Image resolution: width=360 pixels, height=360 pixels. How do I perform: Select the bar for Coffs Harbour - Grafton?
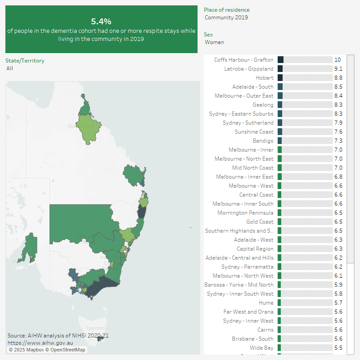(x=281, y=60)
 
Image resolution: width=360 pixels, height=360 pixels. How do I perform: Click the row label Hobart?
(x=264, y=78)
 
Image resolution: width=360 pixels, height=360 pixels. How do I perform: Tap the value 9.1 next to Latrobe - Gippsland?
(x=338, y=69)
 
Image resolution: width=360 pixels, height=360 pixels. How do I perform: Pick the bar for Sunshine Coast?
(x=280, y=132)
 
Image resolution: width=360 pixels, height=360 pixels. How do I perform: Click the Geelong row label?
(x=263, y=105)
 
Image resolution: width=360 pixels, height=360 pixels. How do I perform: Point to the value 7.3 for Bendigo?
(x=338, y=141)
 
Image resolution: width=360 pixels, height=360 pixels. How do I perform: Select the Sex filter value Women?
(x=214, y=42)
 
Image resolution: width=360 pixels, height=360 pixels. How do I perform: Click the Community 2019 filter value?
(x=226, y=18)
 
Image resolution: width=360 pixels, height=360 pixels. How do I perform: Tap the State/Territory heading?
(x=25, y=60)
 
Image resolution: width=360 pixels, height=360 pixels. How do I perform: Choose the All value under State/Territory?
(x=10, y=68)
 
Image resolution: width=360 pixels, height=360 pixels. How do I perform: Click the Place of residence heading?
(x=226, y=10)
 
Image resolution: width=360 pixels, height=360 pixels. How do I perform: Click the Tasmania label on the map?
(x=97, y=328)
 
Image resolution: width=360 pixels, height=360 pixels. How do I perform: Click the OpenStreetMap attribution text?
(x=67, y=350)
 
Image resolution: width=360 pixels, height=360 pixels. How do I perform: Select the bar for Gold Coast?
(x=279, y=222)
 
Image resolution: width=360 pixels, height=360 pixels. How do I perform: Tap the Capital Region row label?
(x=255, y=249)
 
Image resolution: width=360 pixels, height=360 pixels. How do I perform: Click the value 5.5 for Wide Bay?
(x=338, y=348)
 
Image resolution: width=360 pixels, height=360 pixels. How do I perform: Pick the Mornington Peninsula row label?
(x=245, y=213)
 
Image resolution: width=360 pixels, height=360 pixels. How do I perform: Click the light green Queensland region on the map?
(x=90, y=128)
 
